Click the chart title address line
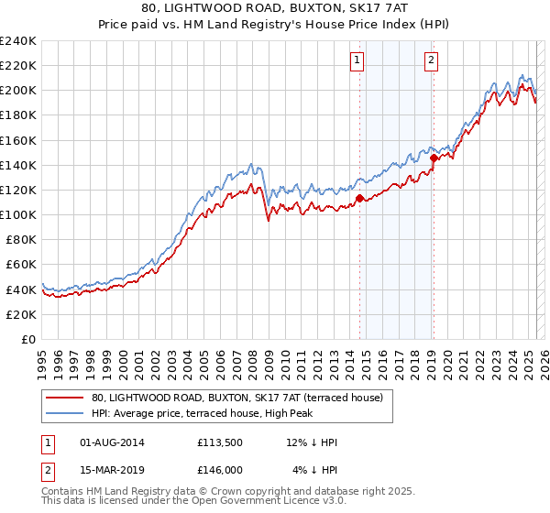pos(274,9)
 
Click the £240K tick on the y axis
pos(18,41)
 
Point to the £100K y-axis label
pos(18,214)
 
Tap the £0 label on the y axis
pos(29,339)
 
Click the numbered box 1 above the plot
pos(356,61)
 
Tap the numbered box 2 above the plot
pos(431,61)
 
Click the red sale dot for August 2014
pos(359,197)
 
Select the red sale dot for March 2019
pos(434,157)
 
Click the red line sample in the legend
pos(65,398)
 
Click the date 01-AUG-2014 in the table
pos(111,442)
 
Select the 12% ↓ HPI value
pos(312,442)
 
